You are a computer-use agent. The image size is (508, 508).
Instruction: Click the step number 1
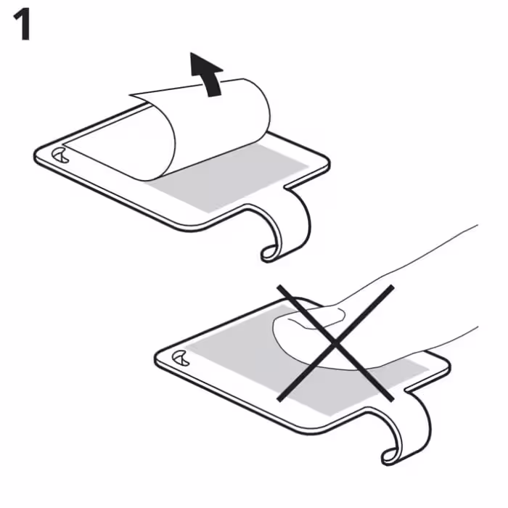pos(22,24)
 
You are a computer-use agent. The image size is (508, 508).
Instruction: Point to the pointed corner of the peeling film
pos(130,95)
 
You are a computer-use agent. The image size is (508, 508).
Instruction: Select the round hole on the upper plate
pos(60,155)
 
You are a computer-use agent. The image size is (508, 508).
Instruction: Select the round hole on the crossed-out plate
pos(181,358)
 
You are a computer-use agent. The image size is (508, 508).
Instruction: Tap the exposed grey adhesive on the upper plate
pos(226,179)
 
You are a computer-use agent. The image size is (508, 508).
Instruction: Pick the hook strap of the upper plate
pos(292,224)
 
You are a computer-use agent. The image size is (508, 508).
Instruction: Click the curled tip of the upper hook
pos(269,253)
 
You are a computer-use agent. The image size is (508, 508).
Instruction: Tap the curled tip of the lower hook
pos(389,456)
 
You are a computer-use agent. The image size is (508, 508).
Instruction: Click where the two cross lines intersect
pos(335,343)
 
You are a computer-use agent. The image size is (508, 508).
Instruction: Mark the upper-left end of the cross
pos(279,287)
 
